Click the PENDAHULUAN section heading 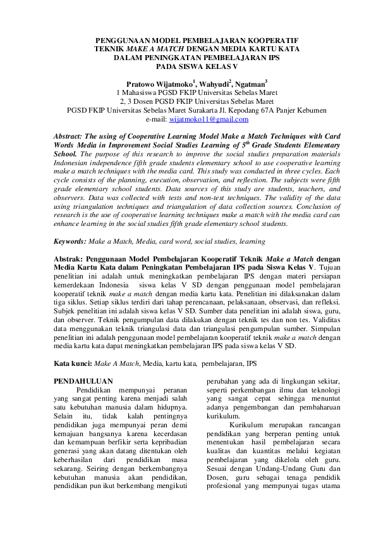83,381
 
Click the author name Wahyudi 215,83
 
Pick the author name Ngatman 251,83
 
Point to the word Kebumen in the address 310,110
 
